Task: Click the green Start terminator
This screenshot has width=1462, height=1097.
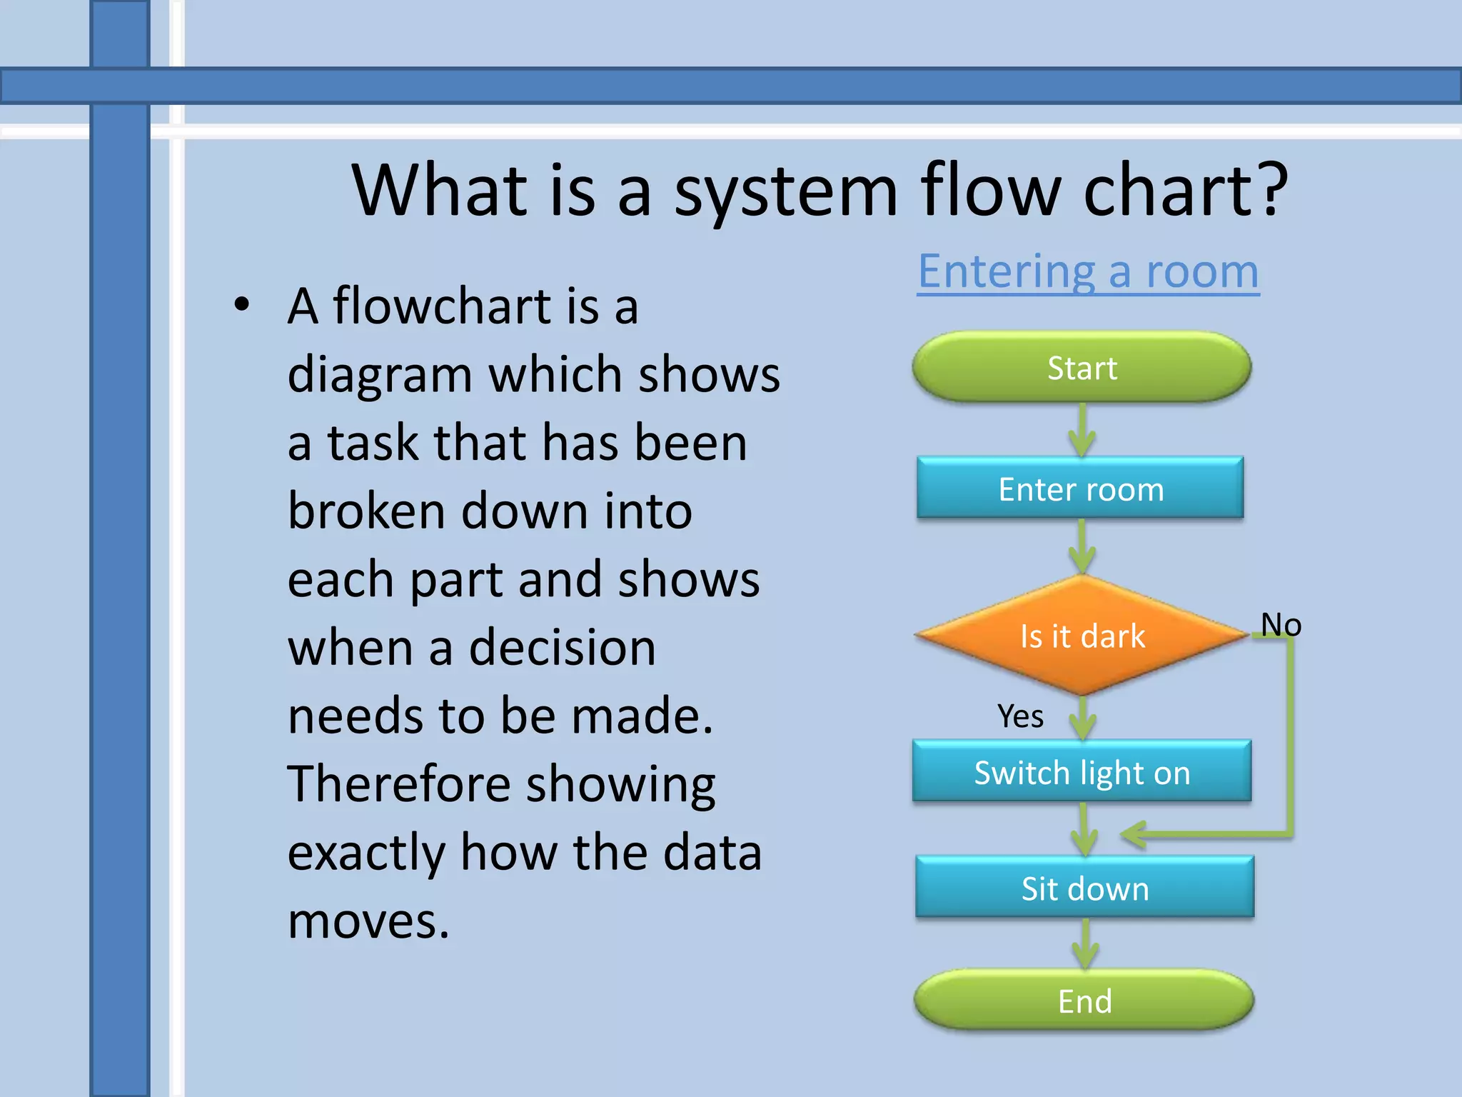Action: [x=1082, y=367]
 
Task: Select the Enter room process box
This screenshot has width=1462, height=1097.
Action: [x=1080, y=489]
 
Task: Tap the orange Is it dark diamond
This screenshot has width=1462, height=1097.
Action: [x=1082, y=636]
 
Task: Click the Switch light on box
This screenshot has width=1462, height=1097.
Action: [x=1082, y=772]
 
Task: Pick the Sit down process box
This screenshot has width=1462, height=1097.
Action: [x=1084, y=888]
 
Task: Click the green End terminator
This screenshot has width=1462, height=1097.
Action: [x=1084, y=1001]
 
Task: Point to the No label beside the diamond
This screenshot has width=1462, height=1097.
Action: [x=1281, y=624]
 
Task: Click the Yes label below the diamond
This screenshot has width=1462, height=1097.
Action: [x=1020, y=716]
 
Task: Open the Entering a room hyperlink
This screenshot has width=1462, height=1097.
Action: [x=1088, y=271]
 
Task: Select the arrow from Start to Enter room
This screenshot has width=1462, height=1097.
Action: [x=1082, y=431]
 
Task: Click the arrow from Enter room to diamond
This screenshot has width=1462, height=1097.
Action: [x=1082, y=547]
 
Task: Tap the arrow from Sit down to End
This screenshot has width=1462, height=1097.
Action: [x=1085, y=944]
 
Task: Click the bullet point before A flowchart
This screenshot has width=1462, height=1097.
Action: [x=242, y=305]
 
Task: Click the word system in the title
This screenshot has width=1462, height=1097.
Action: [x=785, y=190]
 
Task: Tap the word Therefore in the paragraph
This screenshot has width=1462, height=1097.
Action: [x=398, y=783]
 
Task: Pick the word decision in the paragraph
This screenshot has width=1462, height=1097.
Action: [x=562, y=647]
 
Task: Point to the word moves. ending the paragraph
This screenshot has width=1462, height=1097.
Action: [x=368, y=921]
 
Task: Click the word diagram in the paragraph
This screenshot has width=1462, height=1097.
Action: [x=379, y=374]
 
